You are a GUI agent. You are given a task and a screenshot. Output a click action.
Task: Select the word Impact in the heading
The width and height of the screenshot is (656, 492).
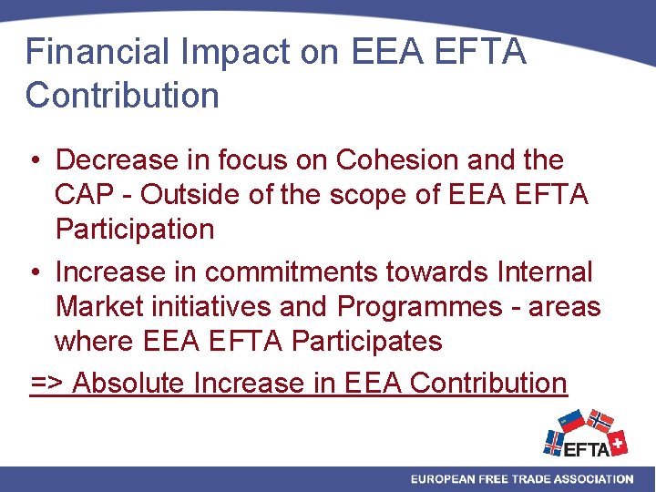click(x=221, y=52)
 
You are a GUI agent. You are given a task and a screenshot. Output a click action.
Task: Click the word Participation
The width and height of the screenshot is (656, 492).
click(x=135, y=230)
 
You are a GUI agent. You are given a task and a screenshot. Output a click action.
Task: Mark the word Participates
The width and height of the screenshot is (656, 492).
click(x=366, y=342)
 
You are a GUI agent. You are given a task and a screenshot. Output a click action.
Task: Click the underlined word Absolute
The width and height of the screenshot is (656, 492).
click(x=129, y=383)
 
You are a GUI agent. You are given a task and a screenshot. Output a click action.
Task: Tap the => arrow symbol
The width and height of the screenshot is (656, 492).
click(x=47, y=384)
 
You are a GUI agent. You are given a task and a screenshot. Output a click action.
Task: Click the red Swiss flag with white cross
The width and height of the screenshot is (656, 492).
click(x=617, y=443)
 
